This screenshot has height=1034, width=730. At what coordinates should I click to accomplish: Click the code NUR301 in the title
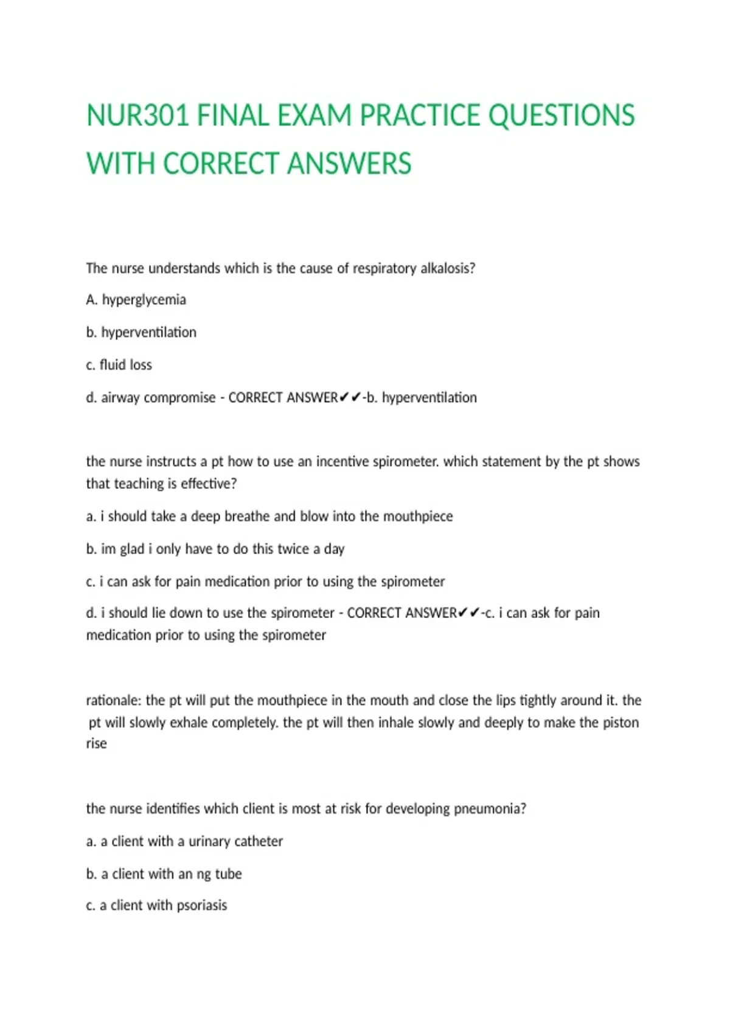point(137,116)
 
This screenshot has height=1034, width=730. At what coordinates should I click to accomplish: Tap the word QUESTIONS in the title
point(561,116)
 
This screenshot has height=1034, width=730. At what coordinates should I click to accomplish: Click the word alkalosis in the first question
point(448,268)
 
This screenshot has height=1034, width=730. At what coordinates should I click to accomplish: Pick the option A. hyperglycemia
point(136,300)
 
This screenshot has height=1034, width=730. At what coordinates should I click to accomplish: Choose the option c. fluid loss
point(119,365)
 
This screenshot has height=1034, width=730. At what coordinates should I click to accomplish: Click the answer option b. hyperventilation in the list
point(141,333)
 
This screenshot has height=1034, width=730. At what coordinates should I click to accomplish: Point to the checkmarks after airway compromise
point(350,398)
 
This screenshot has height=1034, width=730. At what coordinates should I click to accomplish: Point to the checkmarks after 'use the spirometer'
point(469,613)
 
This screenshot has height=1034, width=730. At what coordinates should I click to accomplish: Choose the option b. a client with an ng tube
point(164,874)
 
